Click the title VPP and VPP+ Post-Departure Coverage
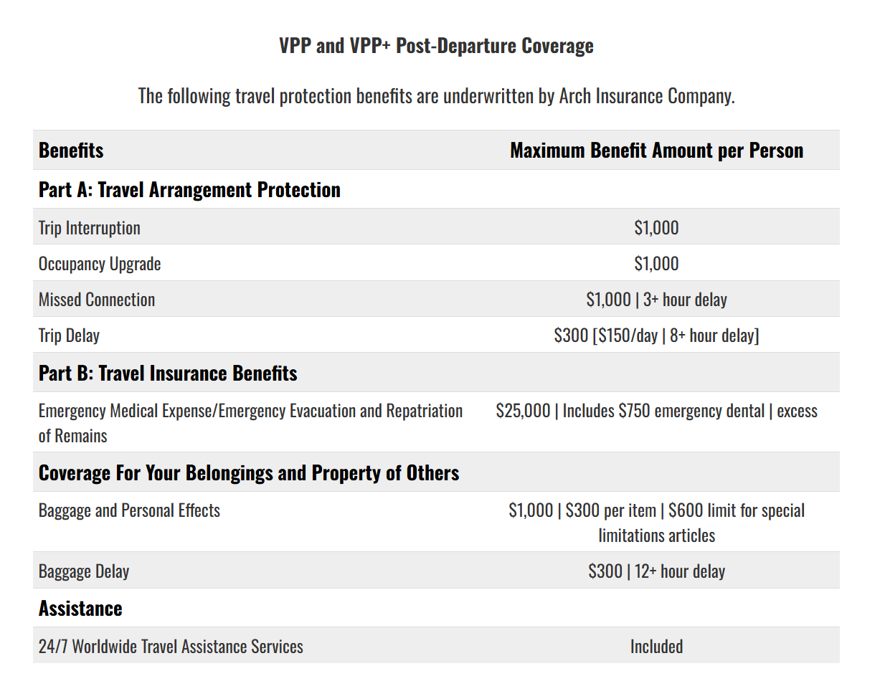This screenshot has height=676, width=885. [436, 46]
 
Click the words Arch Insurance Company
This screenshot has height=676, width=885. [647, 96]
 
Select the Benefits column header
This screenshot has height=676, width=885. [71, 151]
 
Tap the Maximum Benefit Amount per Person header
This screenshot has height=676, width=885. [656, 151]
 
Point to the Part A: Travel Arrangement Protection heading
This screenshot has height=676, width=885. [189, 190]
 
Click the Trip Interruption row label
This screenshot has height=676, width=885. [90, 228]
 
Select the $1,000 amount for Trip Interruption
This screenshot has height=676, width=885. [656, 228]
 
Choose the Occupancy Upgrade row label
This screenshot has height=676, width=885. [100, 265]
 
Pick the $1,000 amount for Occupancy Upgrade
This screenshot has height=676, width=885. [656, 264]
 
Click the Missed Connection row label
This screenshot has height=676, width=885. [97, 300]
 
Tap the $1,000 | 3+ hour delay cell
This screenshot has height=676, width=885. [656, 300]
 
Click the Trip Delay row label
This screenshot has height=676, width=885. [69, 336]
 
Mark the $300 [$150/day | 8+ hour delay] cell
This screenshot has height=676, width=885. [656, 335]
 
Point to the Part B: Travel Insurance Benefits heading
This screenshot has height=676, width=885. [168, 373]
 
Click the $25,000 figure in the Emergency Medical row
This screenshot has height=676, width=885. [523, 411]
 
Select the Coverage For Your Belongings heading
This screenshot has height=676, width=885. [249, 473]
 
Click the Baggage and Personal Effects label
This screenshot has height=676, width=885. [129, 511]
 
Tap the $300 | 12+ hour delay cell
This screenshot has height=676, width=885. [656, 571]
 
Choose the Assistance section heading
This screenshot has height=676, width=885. [80, 609]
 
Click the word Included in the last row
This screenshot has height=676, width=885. [656, 647]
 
